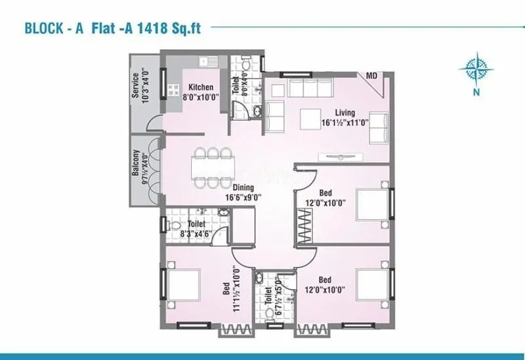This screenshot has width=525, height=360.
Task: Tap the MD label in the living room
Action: pyautogui.click(x=371, y=77)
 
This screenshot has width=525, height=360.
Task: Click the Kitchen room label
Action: pyautogui.click(x=201, y=87)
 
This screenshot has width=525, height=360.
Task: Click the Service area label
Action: pyautogui.click(x=135, y=85)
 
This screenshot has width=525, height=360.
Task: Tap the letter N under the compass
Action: pyautogui.click(x=478, y=92)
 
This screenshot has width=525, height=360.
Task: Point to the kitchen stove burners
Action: pyautogui.click(x=175, y=90)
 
